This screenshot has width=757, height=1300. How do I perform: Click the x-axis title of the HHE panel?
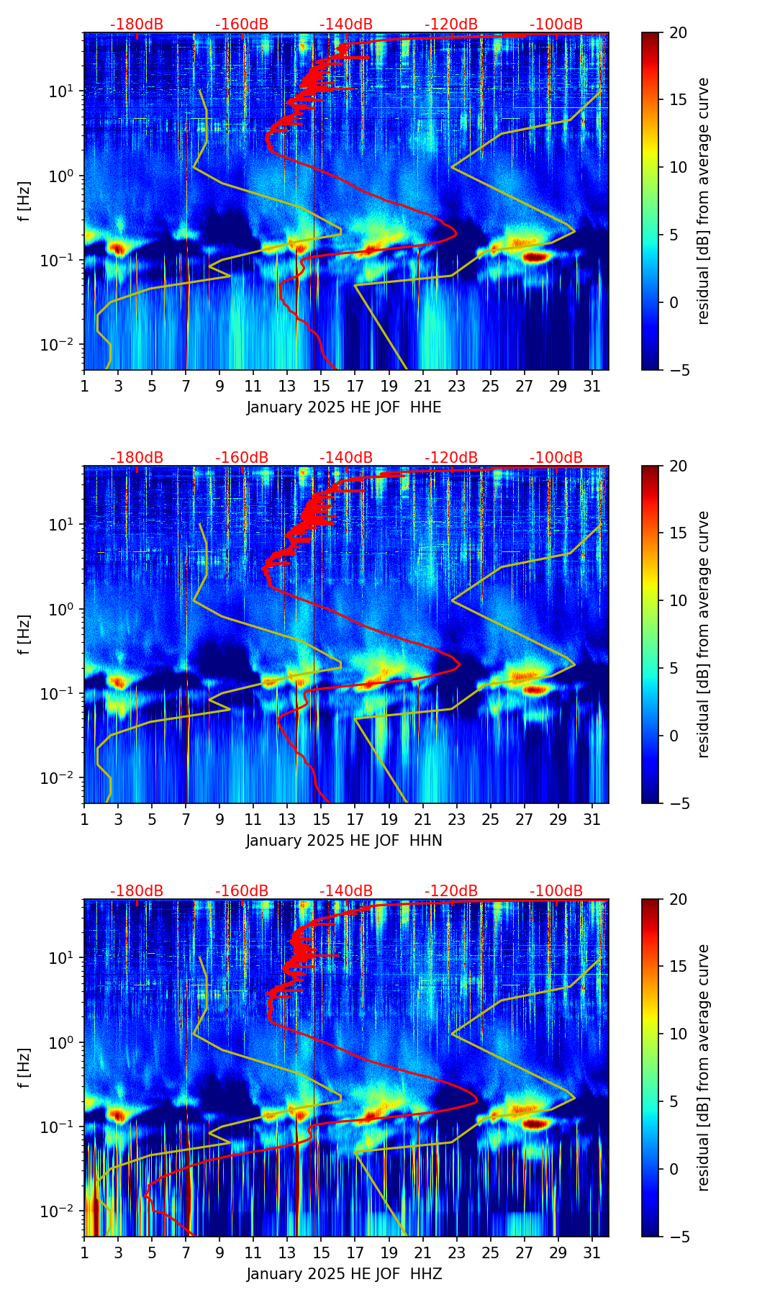344,407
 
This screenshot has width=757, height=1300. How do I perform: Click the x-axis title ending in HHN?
344,841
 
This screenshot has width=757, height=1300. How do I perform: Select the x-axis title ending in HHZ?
344,1274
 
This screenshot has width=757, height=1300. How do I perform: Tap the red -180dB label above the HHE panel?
137,24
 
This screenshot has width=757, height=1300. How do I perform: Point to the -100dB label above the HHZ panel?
556,891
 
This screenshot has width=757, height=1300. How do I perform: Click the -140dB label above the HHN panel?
346,458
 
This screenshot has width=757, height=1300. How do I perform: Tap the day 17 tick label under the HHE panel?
355,386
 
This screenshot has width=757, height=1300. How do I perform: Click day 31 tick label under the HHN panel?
592,819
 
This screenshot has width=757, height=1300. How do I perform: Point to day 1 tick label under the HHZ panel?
84,1252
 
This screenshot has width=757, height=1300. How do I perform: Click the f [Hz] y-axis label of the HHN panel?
24,634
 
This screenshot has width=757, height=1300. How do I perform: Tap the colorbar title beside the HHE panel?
703,201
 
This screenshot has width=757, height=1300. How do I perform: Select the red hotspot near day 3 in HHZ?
117,1115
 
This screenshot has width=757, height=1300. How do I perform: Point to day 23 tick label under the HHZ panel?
456,1252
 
